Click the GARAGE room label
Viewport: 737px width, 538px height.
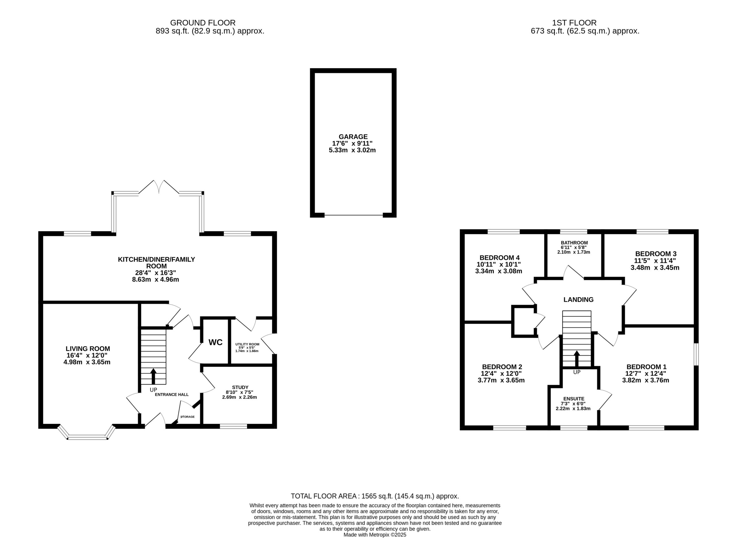click(x=353, y=137)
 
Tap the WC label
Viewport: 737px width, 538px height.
click(x=216, y=342)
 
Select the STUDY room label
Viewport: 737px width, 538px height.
click(x=240, y=387)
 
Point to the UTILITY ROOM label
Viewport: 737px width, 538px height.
click(x=247, y=344)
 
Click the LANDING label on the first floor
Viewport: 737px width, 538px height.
click(x=578, y=300)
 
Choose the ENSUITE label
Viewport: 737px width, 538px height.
click(x=574, y=399)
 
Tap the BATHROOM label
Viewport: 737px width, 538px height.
click(x=574, y=243)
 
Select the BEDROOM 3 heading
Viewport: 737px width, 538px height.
click(x=656, y=254)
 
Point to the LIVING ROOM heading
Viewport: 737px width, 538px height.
click(x=88, y=348)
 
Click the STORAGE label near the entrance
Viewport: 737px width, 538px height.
click(x=187, y=417)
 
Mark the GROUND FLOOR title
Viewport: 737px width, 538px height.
click(x=203, y=23)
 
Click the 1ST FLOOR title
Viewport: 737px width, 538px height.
click(x=574, y=23)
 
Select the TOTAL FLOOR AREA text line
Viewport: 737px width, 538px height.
click(x=375, y=496)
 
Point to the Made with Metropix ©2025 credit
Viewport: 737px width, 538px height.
click(x=375, y=535)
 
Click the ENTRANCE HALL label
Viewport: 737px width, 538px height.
click(x=172, y=394)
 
